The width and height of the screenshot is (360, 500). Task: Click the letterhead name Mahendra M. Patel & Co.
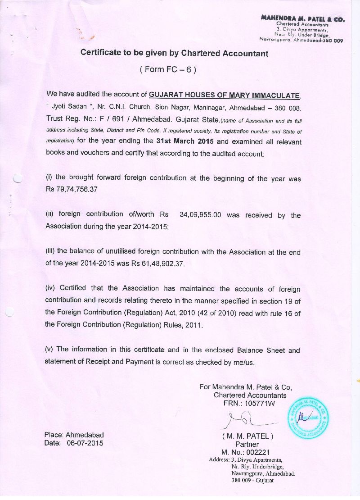(302, 18)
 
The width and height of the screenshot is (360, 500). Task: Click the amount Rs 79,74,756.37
(72, 189)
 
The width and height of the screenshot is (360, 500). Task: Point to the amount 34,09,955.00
(200, 215)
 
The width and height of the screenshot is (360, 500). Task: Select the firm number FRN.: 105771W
(249, 403)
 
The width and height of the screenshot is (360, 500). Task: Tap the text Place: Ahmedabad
(74, 435)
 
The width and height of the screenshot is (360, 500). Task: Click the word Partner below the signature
(247, 444)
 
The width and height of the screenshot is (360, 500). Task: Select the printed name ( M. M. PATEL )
(247, 436)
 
